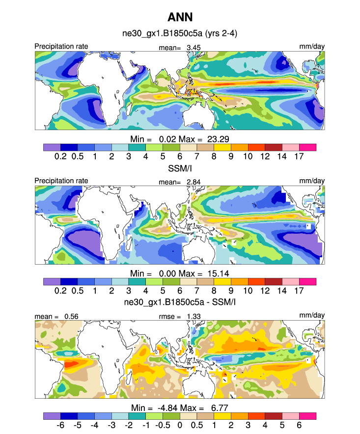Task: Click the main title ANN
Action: [x=180, y=18]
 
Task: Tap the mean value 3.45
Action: [x=193, y=47]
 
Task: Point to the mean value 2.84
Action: [x=193, y=182]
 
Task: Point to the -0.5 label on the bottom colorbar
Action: [x=162, y=423]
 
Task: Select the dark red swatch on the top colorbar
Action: [x=273, y=147]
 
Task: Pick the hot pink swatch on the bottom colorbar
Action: [x=307, y=415]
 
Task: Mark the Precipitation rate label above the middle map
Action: [x=61, y=181]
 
